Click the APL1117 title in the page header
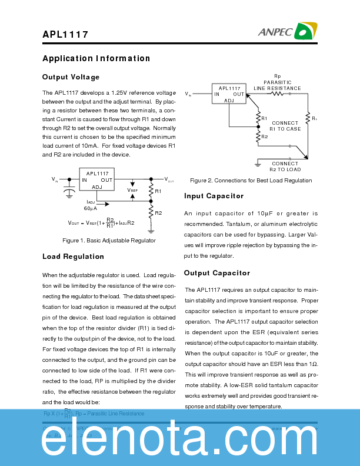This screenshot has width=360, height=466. click(65, 34)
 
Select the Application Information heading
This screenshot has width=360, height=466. click(96, 58)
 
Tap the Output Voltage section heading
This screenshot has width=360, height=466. click(71, 77)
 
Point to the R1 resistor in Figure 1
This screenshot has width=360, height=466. click(151, 191)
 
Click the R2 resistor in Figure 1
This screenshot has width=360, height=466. click(151, 212)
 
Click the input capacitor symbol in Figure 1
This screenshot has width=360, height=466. click(69, 192)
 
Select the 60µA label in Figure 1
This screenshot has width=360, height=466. click(90, 208)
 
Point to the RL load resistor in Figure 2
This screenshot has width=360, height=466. click(307, 119)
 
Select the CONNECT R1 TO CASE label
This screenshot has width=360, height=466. click(285, 126)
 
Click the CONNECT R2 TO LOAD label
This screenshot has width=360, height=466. click(285, 167)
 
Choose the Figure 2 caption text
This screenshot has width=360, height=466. click(251, 180)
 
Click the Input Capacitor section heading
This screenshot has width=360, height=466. click(214, 196)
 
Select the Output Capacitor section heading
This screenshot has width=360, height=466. click(216, 273)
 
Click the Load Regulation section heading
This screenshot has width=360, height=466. click(73, 257)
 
